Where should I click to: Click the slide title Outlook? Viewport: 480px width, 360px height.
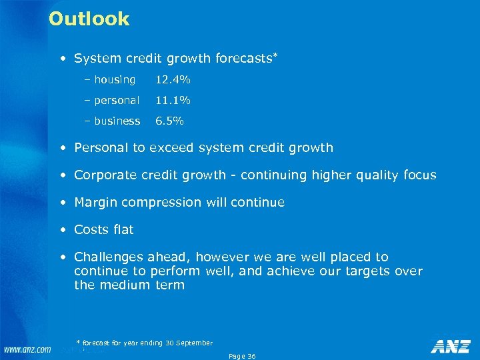tap(89, 19)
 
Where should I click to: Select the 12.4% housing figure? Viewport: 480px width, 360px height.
tap(173, 80)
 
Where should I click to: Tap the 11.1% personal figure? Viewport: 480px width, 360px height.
tap(173, 101)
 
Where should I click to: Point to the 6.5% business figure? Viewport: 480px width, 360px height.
tap(169, 121)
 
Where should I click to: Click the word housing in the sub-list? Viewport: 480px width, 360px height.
tap(114, 80)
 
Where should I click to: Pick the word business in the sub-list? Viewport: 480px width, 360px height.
tap(117, 121)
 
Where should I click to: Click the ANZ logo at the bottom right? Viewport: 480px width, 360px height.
tap(451, 346)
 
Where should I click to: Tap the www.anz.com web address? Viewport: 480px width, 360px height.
tap(26, 349)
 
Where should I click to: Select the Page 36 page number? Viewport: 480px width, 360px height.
tap(242, 356)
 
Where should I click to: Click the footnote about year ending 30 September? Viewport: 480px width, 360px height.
tap(145, 343)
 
